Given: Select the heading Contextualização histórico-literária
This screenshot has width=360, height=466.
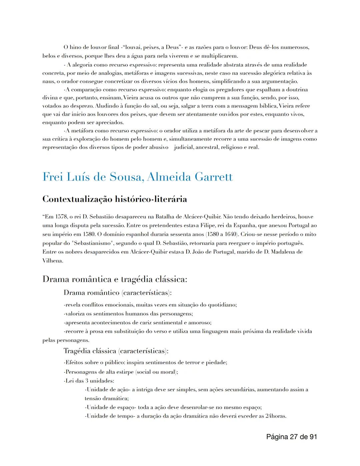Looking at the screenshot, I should pyautogui.click(x=115, y=199).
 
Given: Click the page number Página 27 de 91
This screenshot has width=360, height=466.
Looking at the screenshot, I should pyautogui.click(x=292, y=436).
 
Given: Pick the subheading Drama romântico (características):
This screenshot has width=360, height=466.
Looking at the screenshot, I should pyautogui.click(x=118, y=293).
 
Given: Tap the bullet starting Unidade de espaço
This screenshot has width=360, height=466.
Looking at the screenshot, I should pyautogui.click(x=173, y=407).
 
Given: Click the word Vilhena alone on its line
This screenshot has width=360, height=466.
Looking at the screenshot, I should pyautogui.click(x=53, y=261).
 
